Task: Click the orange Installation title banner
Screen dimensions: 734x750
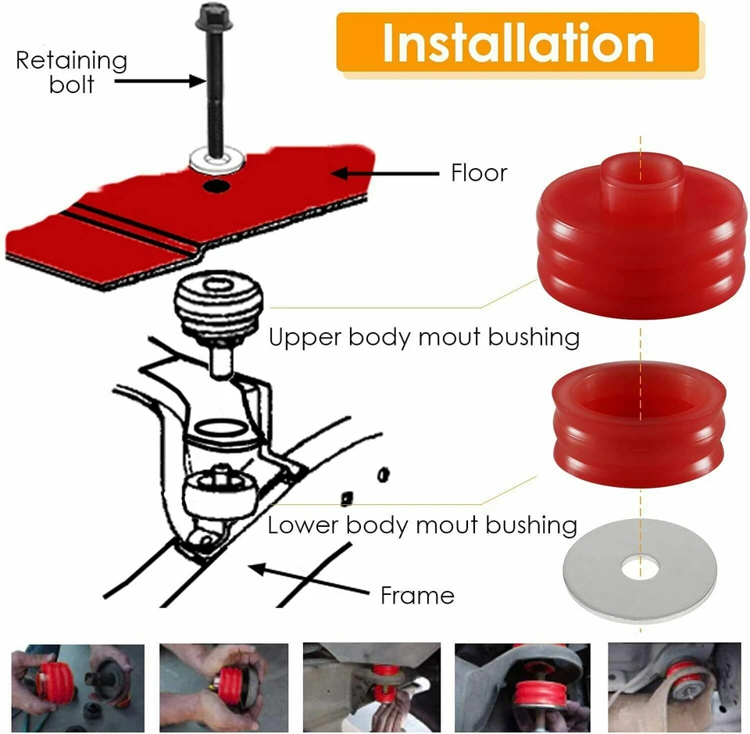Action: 517,43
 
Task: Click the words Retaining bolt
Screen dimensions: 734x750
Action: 71,72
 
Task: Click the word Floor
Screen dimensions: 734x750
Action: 479,173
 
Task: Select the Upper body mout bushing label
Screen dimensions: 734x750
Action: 423,338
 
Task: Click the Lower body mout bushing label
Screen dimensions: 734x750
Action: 422,524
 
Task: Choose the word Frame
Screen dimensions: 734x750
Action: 417,596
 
